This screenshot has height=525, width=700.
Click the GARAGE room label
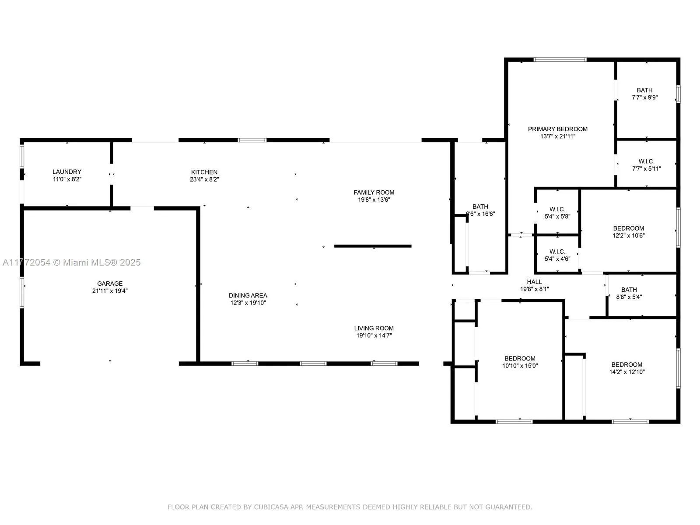(110, 283)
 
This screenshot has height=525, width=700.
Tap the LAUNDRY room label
(67, 172)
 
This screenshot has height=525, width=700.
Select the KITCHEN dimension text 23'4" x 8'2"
(204, 179)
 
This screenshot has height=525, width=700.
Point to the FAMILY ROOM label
(374, 192)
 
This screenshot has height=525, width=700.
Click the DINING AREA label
(248, 296)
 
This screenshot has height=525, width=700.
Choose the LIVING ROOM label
(374, 329)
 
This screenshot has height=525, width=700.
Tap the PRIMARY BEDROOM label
(557, 129)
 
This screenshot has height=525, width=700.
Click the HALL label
(534, 282)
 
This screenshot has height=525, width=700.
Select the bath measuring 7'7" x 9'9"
(644, 94)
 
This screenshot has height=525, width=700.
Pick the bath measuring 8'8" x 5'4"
(629, 293)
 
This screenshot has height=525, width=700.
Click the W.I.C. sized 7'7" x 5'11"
(646, 165)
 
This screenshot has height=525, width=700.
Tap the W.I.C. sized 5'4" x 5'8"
(557, 213)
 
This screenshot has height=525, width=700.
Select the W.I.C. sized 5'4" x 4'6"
(557, 255)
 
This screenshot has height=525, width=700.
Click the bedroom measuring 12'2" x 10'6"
(628, 232)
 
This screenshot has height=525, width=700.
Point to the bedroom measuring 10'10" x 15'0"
(520, 362)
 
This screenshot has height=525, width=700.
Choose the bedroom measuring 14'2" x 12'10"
(627, 368)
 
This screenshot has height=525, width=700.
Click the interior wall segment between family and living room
(373, 246)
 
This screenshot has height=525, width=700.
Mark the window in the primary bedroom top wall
(560, 60)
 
